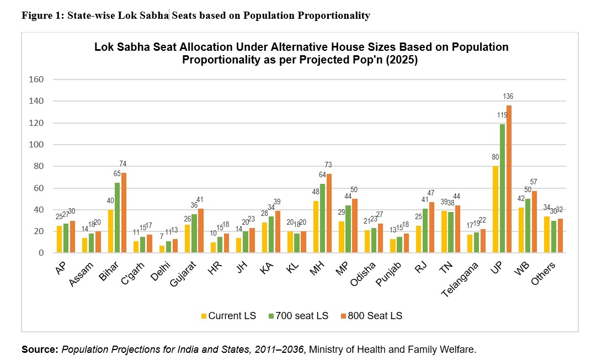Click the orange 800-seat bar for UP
[509, 179]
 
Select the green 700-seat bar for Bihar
[117, 218]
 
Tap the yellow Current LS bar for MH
[316, 227]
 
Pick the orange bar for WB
[535, 221]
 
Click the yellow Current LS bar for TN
[444, 232]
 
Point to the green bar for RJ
[425, 231]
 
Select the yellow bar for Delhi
[162, 249]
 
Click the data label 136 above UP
[508, 97]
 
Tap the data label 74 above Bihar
[122, 163]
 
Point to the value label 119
[502, 115]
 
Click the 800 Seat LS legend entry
[372, 316]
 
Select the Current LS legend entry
[228, 316]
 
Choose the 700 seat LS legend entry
[299, 316]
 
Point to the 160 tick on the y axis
[36, 80]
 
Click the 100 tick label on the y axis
[36, 145]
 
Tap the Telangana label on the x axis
[460, 279]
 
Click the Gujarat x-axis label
[183, 273]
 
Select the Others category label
[543, 273]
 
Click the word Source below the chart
[40, 350]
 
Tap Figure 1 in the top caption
[42, 15]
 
